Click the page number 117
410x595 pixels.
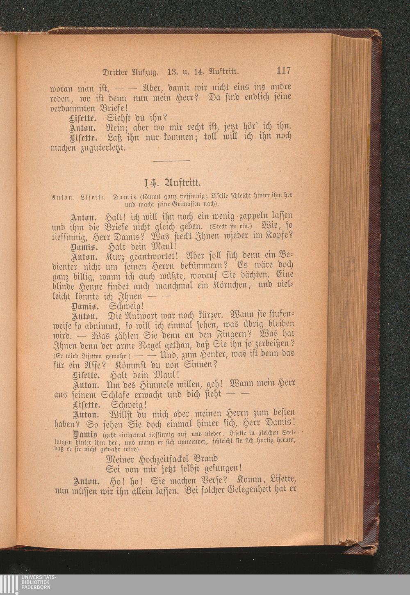click(283, 71)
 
